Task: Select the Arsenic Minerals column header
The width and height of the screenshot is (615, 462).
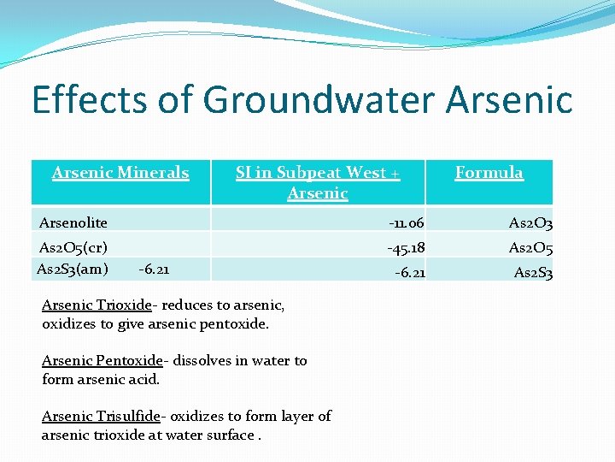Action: click(x=120, y=173)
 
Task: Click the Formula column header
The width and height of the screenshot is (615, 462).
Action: click(x=489, y=173)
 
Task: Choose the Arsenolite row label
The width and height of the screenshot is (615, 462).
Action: click(x=73, y=222)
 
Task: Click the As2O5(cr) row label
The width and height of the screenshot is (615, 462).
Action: click(x=73, y=248)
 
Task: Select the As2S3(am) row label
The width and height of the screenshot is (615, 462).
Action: click(x=73, y=269)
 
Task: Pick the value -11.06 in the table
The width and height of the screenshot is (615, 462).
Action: click(x=406, y=223)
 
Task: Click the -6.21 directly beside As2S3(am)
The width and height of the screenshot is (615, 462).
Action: click(x=154, y=270)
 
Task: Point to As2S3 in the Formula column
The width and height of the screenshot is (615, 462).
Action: click(x=533, y=274)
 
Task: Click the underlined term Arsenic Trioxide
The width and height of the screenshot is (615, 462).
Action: click(x=97, y=305)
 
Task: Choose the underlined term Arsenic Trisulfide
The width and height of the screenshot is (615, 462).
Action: click(x=102, y=417)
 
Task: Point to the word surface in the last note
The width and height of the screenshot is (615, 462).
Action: click(x=230, y=435)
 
